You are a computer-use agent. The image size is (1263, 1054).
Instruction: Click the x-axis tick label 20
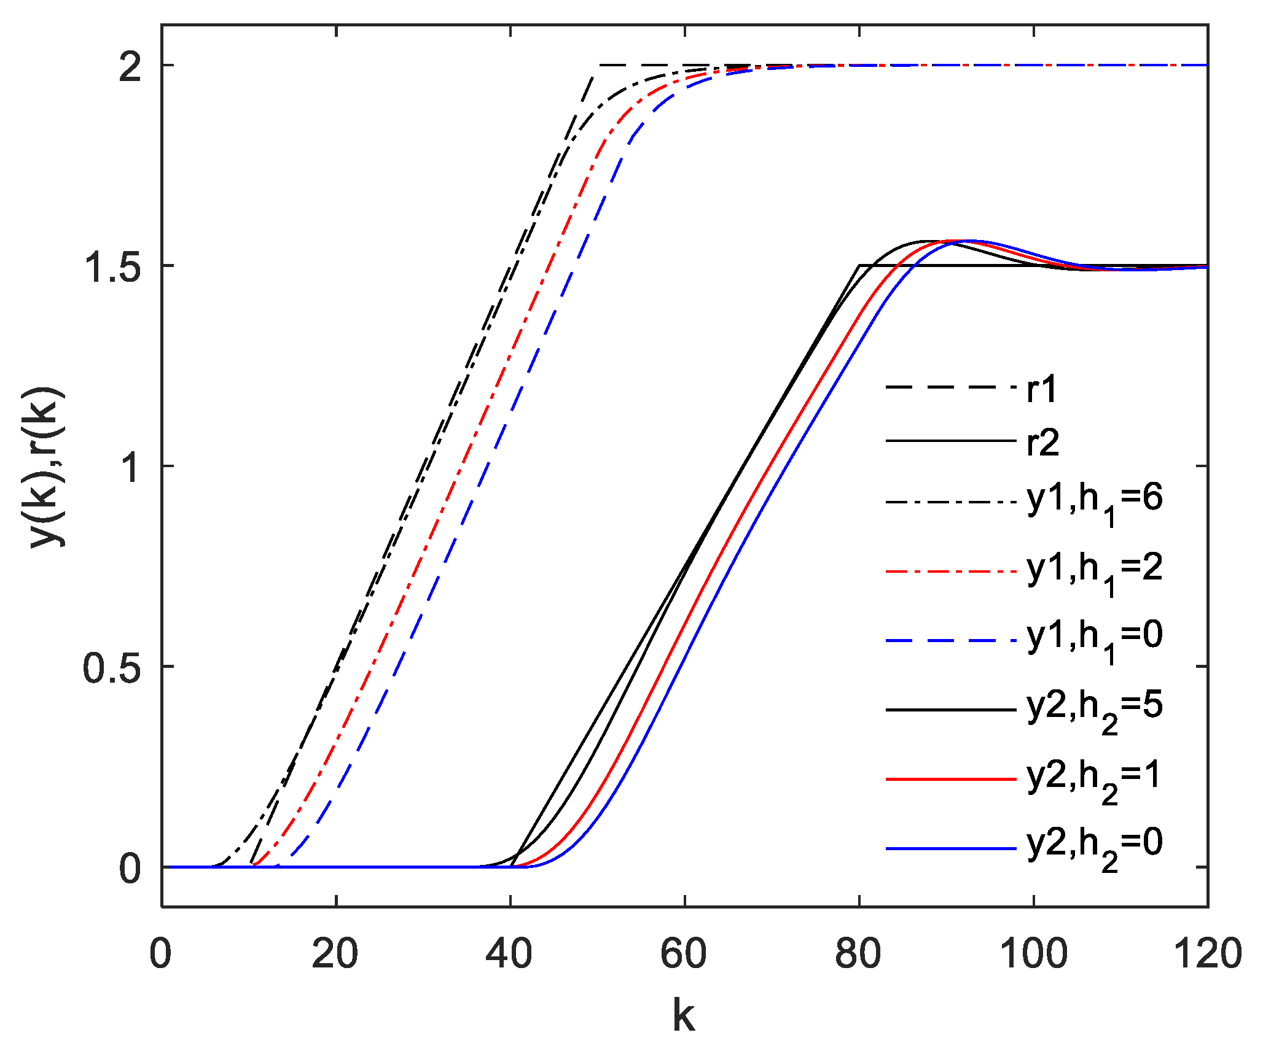click(x=335, y=955)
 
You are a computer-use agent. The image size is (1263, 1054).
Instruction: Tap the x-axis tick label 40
click(x=509, y=955)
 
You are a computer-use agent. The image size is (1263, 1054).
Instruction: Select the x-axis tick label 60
click(x=684, y=955)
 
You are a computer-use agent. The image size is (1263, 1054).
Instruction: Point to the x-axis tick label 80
click(x=858, y=955)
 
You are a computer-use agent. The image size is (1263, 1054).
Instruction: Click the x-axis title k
click(x=684, y=1015)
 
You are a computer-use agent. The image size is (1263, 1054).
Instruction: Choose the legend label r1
click(x=1042, y=389)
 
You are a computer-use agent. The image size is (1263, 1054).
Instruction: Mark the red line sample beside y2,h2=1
click(x=951, y=779)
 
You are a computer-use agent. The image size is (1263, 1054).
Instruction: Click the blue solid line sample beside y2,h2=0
click(x=951, y=848)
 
